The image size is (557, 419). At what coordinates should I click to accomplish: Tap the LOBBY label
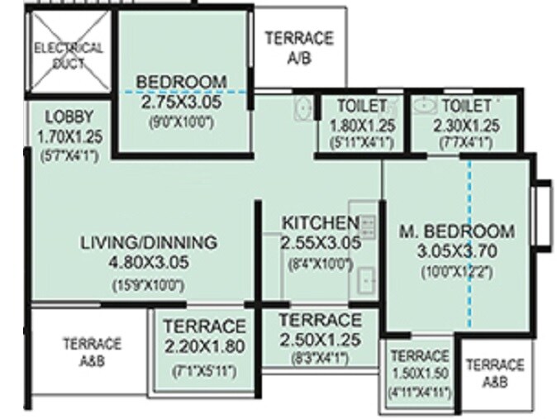click(69, 117)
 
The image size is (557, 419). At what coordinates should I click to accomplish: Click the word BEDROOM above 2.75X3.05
click(182, 82)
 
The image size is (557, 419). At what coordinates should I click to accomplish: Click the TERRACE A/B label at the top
click(299, 48)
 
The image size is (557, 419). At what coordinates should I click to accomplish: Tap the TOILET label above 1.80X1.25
click(362, 106)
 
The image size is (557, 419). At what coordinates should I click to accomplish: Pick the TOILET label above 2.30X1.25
click(466, 106)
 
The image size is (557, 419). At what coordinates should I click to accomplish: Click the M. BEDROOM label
click(456, 231)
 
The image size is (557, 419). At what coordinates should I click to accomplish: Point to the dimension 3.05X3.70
click(456, 250)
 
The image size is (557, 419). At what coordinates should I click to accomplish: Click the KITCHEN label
click(321, 223)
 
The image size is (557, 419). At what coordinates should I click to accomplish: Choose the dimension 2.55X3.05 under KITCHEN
click(321, 244)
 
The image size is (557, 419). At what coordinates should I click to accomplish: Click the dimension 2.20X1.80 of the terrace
click(204, 347)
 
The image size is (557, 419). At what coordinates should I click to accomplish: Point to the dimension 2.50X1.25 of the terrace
click(320, 339)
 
